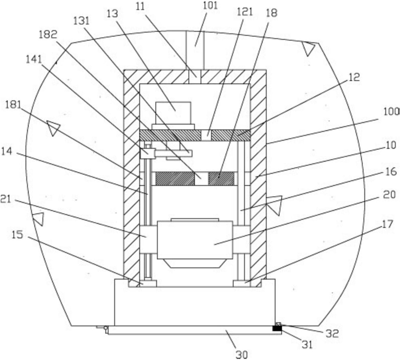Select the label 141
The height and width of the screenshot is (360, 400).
coord(34,59)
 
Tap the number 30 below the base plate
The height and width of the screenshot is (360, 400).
coord(241,354)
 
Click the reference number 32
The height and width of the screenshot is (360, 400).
coord(331,333)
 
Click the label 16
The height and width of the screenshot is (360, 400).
coord(391,171)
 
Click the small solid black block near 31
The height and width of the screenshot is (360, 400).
coord(277,328)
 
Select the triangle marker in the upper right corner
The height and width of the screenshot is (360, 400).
coord(309,49)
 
